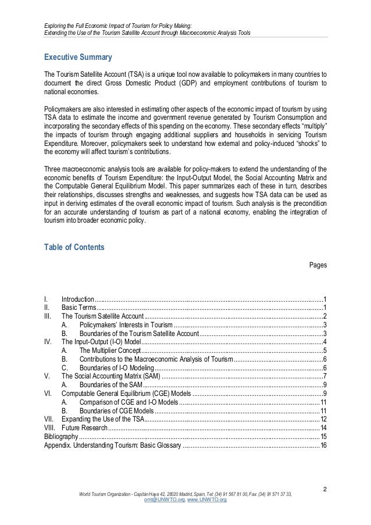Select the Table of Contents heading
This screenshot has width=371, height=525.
tap(74, 247)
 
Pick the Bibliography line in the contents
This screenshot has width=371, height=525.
tap(60, 437)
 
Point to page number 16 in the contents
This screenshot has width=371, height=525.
tap(323, 445)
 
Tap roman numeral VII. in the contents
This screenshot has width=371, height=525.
tap(49, 419)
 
